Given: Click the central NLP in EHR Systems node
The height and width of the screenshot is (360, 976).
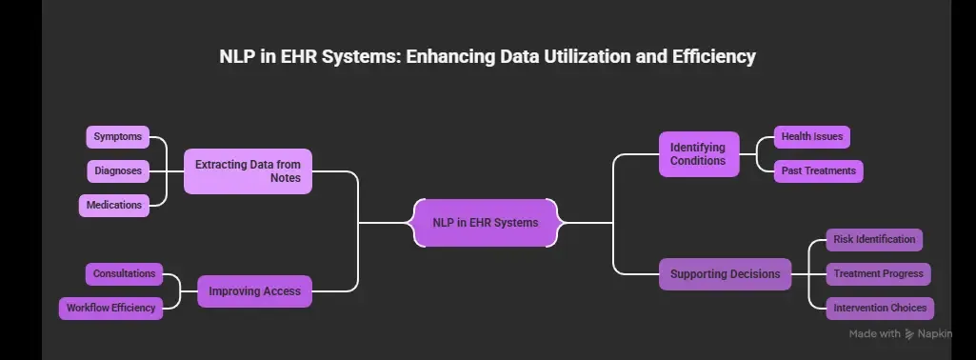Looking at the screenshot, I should point(486,223).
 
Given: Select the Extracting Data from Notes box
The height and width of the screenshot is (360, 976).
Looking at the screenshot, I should point(248,171).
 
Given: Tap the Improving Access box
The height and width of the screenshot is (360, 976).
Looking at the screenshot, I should point(254,291).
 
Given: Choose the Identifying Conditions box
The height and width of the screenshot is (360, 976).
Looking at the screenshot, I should point(698,154).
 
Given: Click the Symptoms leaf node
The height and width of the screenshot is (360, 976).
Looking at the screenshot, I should point(118,137).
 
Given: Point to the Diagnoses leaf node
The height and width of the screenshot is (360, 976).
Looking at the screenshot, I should point(118,171).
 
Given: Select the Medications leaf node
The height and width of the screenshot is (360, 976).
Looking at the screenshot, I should point(114,205).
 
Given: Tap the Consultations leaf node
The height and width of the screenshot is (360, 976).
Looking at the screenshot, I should point(124,274).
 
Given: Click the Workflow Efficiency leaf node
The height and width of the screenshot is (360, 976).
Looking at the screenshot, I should point(110,308).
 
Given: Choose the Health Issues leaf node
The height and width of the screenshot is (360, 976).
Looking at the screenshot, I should point(811,137).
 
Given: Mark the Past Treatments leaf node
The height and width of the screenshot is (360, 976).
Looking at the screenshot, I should point(818,171).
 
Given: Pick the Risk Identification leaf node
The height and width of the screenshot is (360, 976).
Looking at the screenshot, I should point(873,240).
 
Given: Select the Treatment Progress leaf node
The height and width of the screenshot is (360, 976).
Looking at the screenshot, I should point(878,274).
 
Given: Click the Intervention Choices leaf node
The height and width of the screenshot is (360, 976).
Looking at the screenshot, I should point(879,309).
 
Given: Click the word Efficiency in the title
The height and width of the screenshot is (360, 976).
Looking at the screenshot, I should point(710,57).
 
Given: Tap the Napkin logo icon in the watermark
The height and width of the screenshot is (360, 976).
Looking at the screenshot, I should point(909,333).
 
